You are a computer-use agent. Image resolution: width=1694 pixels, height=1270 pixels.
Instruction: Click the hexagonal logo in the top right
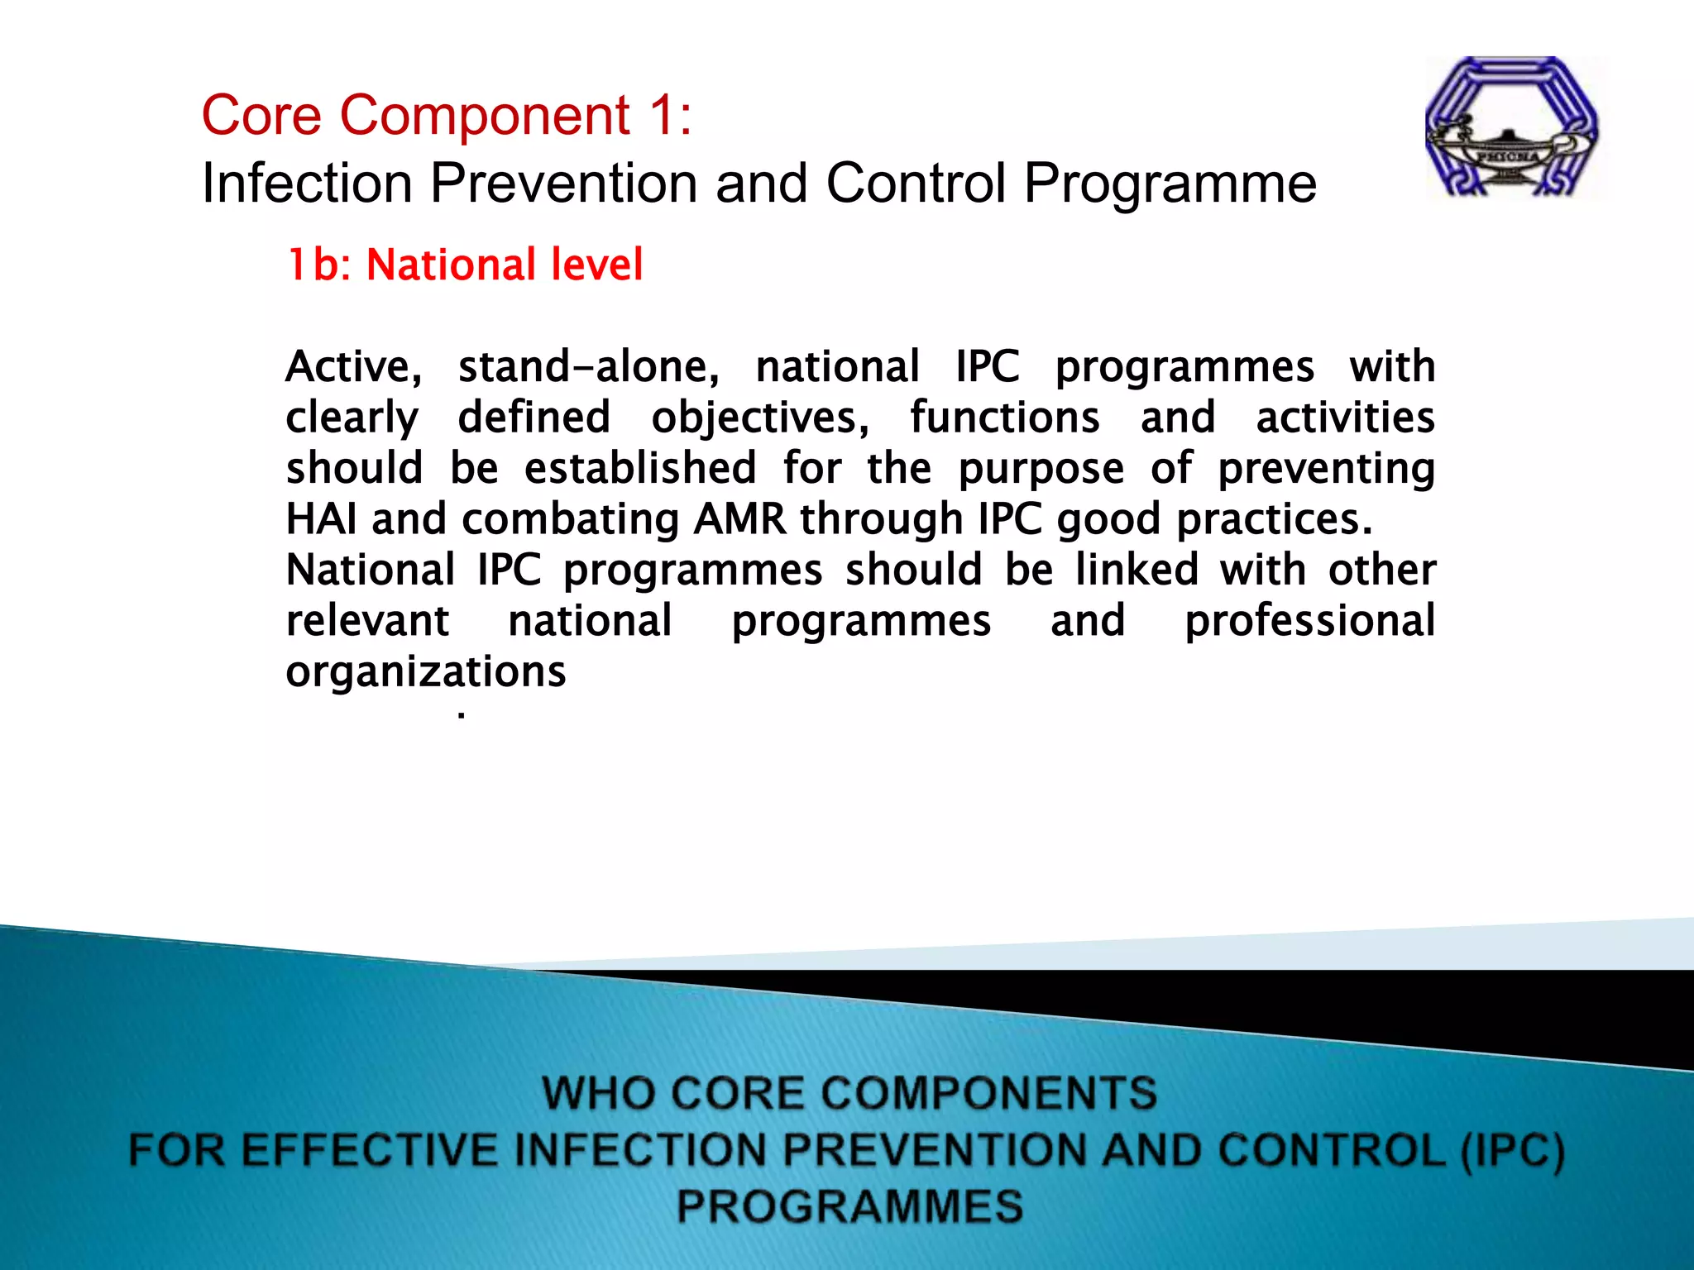point(1512,127)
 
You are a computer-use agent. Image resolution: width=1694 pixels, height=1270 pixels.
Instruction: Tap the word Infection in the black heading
point(307,183)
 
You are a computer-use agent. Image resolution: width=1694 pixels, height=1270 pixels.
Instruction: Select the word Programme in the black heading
point(1170,184)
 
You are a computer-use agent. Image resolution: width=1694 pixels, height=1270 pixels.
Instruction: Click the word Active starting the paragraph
point(353,366)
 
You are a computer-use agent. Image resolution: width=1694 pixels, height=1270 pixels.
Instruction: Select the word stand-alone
point(588,366)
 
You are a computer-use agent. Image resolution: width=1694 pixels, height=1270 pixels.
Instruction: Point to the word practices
point(1274,519)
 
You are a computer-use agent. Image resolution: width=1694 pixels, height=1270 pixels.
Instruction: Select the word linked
point(1137,570)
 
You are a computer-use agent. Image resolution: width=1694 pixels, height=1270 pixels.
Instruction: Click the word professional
point(1309,621)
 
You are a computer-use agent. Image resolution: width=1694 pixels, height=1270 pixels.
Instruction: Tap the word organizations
point(425,671)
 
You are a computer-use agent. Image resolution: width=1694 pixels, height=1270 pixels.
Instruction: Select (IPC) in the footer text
point(1512,1150)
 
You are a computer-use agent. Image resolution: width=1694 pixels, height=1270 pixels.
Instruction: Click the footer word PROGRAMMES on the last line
point(849,1206)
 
